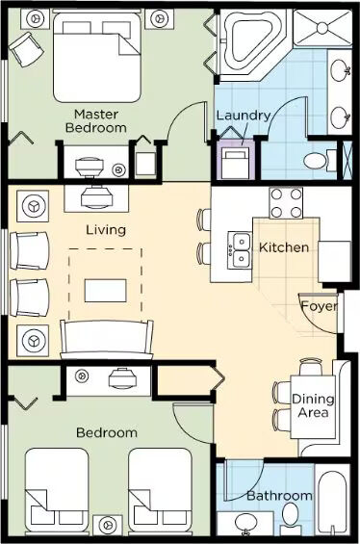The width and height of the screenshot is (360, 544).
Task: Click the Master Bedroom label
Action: pyautogui.click(x=95, y=120)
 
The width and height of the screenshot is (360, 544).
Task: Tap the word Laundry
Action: pyautogui.click(x=244, y=116)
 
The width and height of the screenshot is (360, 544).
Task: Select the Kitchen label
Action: pyautogui.click(x=284, y=247)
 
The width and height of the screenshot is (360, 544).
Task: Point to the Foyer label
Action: pyautogui.click(x=319, y=306)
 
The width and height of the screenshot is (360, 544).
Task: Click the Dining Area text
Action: pyautogui.click(x=313, y=405)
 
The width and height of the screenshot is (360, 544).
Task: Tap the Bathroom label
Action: pyautogui.click(x=279, y=496)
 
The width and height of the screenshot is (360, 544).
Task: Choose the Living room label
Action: pyautogui.click(x=106, y=230)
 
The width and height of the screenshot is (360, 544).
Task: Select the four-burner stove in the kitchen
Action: pyautogui.click(x=286, y=202)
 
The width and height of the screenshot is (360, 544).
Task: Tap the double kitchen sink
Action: pyautogui.click(x=240, y=250)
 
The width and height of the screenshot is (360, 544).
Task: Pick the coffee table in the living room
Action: pyautogui.click(x=106, y=291)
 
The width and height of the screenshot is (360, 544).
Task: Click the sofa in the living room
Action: pyautogui.click(x=107, y=339)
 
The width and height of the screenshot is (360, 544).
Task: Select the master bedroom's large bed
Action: pyautogui.click(x=97, y=56)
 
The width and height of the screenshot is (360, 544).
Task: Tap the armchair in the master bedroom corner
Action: pyautogui.click(x=26, y=49)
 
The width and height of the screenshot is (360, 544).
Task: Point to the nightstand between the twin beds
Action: pyautogui.click(x=108, y=526)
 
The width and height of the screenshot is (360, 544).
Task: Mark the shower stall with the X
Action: pyautogui.click(x=322, y=28)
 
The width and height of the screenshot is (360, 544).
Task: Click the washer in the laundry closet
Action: pyautogui.click(x=236, y=162)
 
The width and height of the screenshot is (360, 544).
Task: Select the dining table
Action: pyautogui.click(x=313, y=406)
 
